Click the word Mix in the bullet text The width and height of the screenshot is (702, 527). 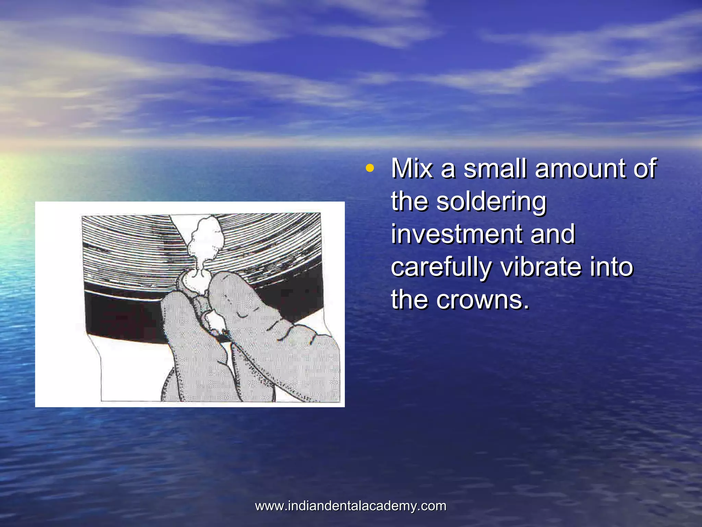pyautogui.click(x=412, y=168)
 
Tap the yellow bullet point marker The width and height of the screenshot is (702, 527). pyautogui.click(x=369, y=168)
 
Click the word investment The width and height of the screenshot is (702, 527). pyautogui.click(x=456, y=234)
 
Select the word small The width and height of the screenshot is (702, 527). pyautogui.click(x=495, y=168)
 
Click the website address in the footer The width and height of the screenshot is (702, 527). pyautogui.click(x=351, y=506)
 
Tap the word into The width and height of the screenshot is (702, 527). pyautogui.click(x=611, y=267)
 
